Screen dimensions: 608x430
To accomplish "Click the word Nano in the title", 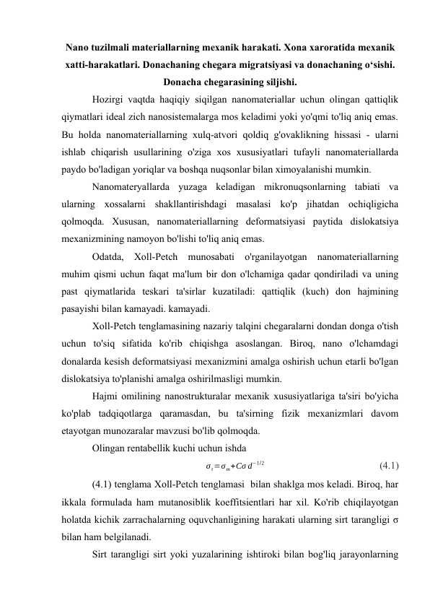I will point(79,47).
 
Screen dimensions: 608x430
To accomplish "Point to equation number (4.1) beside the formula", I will point(390,466).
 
